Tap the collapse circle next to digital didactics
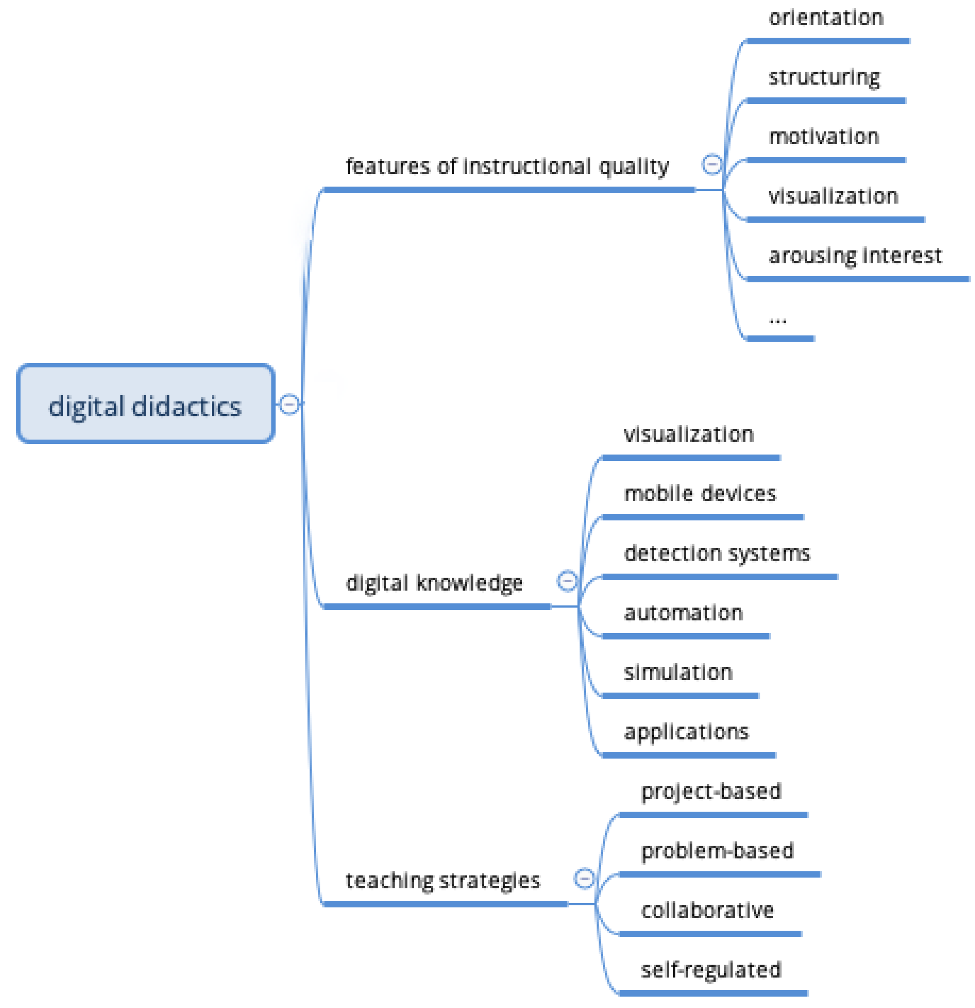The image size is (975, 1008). click(289, 404)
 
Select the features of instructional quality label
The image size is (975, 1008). click(507, 166)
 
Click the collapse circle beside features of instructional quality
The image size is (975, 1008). click(712, 164)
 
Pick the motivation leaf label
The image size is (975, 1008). click(823, 137)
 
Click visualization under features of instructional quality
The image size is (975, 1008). click(833, 196)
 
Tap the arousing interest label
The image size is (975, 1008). click(855, 256)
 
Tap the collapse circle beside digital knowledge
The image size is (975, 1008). click(568, 581)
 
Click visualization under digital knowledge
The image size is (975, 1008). click(688, 434)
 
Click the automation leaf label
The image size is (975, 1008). click(683, 613)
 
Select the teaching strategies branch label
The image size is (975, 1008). click(443, 880)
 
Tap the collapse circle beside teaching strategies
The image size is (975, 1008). click(585, 878)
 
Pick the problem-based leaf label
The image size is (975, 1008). click(717, 851)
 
